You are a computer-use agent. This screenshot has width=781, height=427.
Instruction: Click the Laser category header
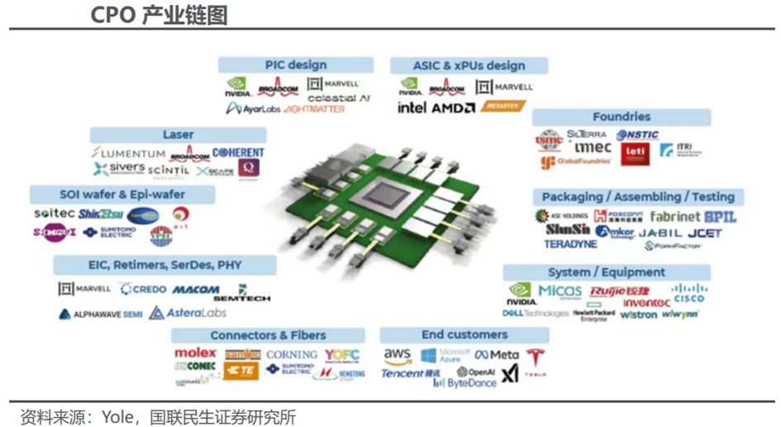pos(178,135)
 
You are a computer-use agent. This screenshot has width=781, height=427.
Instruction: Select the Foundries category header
pos(621,117)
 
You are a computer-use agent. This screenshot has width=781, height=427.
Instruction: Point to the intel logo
pos(412,108)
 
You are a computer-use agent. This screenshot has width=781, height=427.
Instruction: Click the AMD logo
pos(453,108)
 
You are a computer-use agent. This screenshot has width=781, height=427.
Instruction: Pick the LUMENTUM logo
pos(129,154)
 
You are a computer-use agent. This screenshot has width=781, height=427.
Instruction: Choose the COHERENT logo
pos(238,153)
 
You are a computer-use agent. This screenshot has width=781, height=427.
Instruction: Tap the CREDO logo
pos(144,290)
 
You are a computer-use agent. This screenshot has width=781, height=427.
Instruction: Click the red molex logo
pos(195,353)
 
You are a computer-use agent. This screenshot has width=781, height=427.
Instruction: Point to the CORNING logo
pos(291,355)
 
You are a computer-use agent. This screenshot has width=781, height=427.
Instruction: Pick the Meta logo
pos(498,355)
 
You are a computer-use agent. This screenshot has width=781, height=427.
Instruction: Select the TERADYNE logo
pos(569,245)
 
